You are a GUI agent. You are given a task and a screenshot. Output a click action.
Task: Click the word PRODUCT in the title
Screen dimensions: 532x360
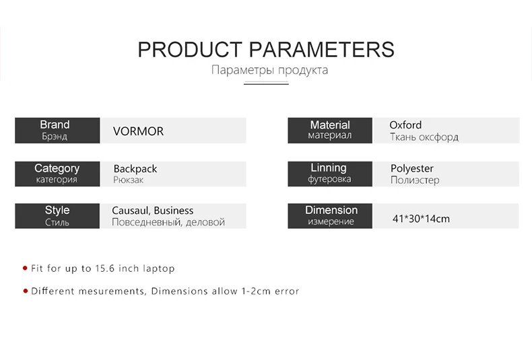click(x=190, y=50)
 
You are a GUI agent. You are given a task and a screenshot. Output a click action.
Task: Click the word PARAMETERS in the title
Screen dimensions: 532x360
click(x=321, y=50)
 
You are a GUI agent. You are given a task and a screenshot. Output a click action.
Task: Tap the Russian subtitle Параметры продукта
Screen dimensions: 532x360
click(x=269, y=70)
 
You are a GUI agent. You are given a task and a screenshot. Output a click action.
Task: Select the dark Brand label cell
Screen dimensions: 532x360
click(x=57, y=131)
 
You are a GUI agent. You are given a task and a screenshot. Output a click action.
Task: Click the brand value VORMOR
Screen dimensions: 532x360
click(x=138, y=131)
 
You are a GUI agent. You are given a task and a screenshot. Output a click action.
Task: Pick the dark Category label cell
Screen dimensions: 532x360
click(x=57, y=174)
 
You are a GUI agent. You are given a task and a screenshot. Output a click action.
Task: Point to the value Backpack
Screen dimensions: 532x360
click(x=135, y=169)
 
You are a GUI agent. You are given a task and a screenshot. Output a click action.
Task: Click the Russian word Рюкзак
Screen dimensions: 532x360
click(x=128, y=180)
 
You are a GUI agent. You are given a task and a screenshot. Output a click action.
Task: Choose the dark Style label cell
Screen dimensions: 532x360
click(x=57, y=216)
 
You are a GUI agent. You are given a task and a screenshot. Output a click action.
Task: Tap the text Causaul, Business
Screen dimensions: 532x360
click(x=153, y=211)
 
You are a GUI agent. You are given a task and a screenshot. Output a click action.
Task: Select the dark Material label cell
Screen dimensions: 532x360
click(x=330, y=131)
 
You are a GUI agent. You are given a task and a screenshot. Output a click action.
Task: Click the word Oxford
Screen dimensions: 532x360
click(x=405, y=125)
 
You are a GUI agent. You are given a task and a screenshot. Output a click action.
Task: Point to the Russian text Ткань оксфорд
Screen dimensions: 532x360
click(x=424, y=137)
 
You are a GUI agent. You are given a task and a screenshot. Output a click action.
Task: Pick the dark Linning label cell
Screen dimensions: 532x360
click(x=330, y=174)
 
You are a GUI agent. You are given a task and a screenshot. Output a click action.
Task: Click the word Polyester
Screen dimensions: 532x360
click(x=412, y=168)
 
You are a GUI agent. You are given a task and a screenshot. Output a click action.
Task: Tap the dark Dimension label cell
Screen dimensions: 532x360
click(x=330, y=216)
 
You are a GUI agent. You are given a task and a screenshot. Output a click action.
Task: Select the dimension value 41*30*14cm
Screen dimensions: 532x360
click(x=421, y=219)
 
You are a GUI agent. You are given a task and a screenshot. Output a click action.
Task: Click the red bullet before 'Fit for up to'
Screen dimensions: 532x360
click(x=25, y=268)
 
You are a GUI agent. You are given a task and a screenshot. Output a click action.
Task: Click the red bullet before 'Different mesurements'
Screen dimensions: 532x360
click(x=26, y=291)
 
